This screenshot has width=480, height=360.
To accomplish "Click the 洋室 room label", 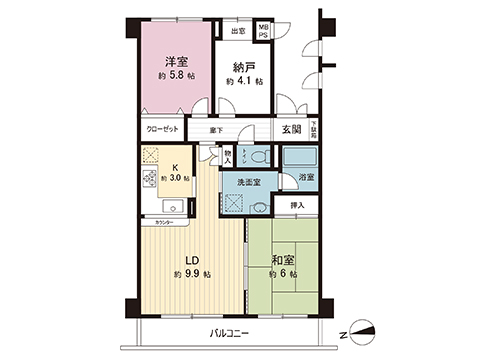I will (176, 60).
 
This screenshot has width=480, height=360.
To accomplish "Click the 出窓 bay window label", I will (237, 31).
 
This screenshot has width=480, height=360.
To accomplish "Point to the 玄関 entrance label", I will (291, 129).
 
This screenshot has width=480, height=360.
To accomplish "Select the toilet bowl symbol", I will (257, 157).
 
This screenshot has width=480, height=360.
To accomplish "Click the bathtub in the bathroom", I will (297, 156).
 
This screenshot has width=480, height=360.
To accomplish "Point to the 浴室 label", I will (305, 178).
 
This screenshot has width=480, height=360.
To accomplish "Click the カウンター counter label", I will (164, 222).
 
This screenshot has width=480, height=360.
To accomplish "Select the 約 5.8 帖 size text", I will (176, 75).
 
